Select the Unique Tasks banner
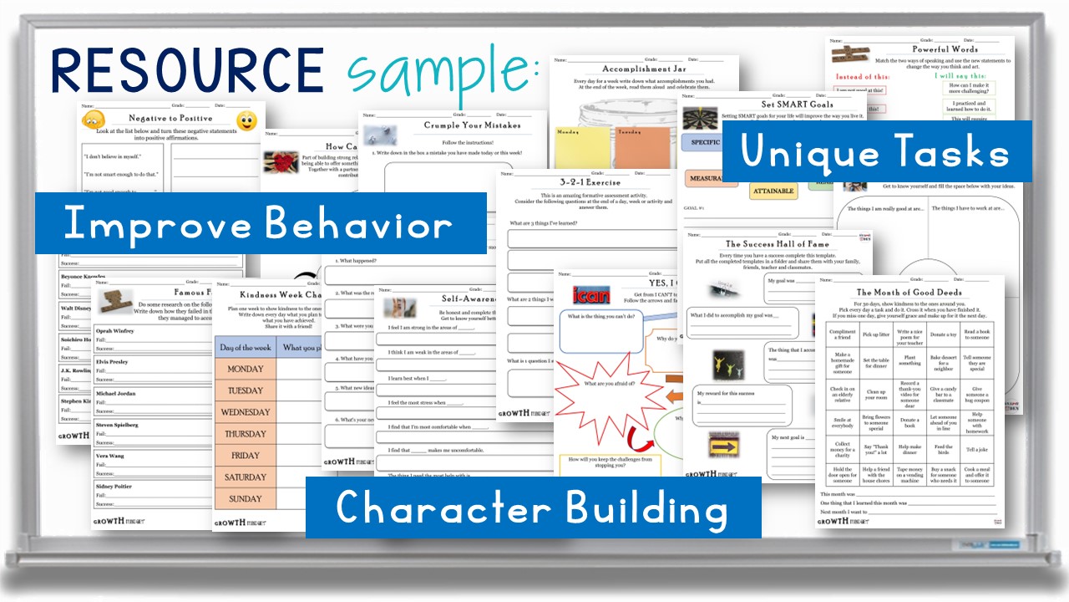click(876, 151)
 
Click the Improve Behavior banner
click(259, 223)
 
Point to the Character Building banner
click(532, 507)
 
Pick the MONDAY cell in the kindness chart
click(245, 369)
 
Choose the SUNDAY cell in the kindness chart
click(245, 498)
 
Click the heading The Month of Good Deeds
click(909, 292)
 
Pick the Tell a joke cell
click(976, 450)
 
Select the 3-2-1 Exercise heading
click(590, 182)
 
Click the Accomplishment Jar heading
click(645, 70)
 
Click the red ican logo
click(591, 293)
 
